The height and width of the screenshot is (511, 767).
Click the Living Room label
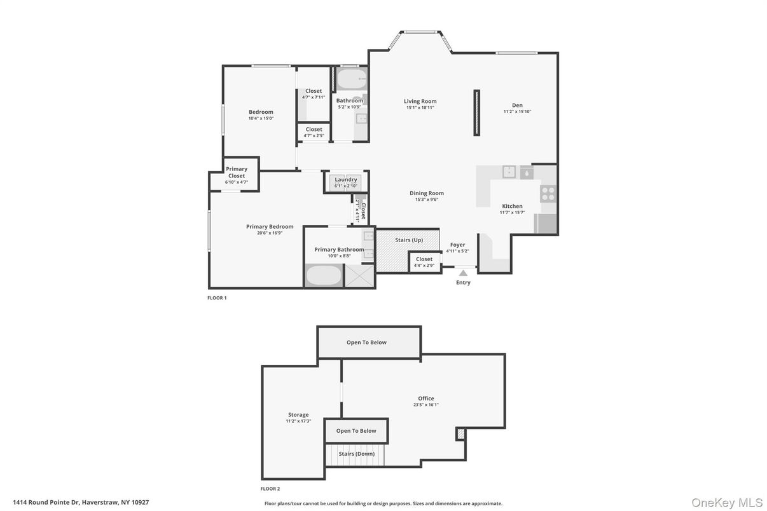coord(420,101)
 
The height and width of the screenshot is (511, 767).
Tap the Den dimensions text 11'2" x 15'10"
coord(517,112)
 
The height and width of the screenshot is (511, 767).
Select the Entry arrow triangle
coord(463,273)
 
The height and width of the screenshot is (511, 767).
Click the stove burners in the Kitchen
coord(548,193)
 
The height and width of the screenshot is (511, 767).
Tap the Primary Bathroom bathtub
coord(324,276)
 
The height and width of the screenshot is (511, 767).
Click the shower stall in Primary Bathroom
coord(359,276)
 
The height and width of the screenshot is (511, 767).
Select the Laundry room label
coord(346,180)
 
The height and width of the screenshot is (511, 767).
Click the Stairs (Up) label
coord(409,240)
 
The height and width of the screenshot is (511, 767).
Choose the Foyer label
coord(457,245)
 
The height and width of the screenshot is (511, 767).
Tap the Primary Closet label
coord(237,172)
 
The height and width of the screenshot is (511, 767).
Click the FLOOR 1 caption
coord(217,297)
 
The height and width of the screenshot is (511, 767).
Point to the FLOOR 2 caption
coord(270,489)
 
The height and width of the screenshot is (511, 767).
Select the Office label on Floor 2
coord(425,399)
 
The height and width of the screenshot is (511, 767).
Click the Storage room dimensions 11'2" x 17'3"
coord(298,421)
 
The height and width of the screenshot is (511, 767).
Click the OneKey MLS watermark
coord(727,503)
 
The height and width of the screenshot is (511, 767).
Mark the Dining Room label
coord(427,193)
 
